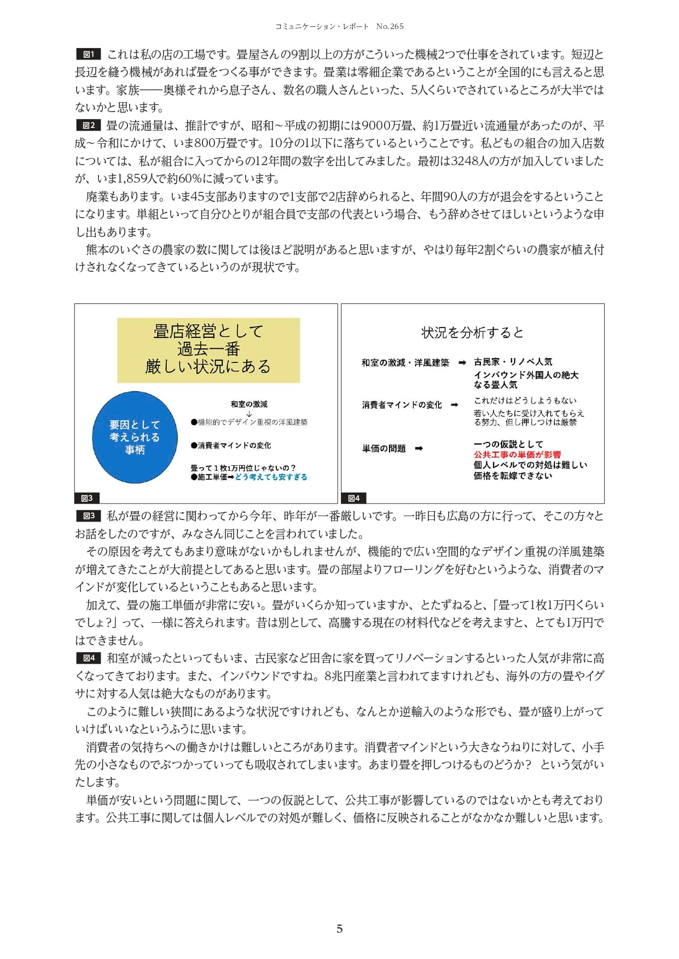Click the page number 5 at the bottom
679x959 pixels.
coord(339,928)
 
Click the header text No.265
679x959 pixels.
coord(390,26)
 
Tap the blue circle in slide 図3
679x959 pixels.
coord(135,437)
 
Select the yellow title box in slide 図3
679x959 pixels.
coord(208,349)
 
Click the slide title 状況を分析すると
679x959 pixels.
coord(472,332)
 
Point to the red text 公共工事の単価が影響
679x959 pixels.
coord(517,454)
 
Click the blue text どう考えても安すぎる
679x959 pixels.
coord(271,477)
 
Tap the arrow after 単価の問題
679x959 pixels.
coord(419,449)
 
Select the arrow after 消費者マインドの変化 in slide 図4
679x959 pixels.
coord(454,405)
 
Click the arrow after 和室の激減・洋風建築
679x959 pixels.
coord(462,362)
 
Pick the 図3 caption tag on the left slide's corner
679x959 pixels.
coord(86,498)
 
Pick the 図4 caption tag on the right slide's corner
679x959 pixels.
coord(353,498)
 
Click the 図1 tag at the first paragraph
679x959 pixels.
coord(88,54)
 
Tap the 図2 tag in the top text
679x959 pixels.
coord(88,125)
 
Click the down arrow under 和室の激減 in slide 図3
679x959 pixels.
coord(249,413)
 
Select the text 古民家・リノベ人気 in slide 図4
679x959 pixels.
coord(513,362)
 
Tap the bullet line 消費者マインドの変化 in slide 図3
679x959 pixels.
coord(231,446)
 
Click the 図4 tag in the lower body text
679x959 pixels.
coord(88,658)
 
